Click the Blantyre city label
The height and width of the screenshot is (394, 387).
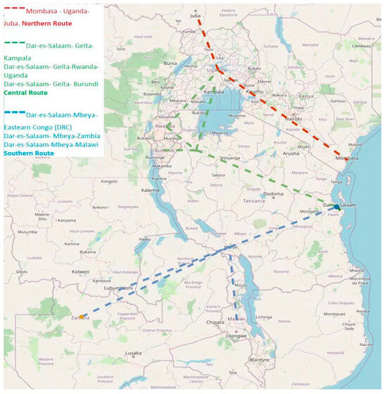(x=260, y=360)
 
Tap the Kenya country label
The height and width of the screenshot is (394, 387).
(x=306, y=95)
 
